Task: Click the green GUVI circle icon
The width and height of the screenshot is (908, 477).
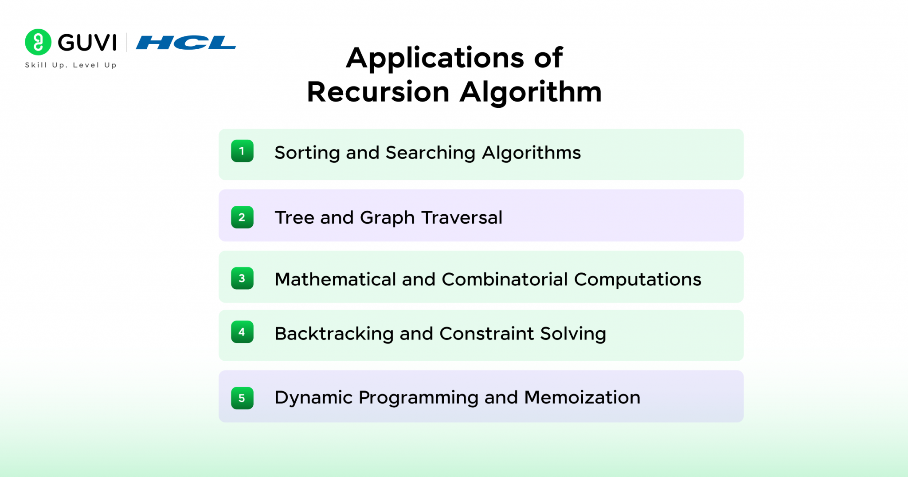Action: [x=38, y=42]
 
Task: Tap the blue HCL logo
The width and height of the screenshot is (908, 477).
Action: [x=186, y=43]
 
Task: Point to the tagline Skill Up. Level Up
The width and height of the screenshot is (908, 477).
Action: [x=70, y=65]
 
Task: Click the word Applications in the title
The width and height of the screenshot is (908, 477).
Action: [x=435, y=58]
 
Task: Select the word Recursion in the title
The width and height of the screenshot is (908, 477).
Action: [x=378, y=92]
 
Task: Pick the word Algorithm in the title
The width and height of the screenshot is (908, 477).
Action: [x=531, y=92]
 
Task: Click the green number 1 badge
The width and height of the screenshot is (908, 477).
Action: [x=242, y=151]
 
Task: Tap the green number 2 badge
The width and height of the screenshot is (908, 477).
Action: [x=242, y=217]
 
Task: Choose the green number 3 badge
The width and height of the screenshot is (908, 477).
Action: [x=242, y=278]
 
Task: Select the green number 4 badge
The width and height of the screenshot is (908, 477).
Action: [x=242, y=332]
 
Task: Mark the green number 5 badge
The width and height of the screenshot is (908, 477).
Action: [x=242, y=398]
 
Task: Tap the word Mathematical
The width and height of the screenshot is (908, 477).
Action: [x=335, y=280]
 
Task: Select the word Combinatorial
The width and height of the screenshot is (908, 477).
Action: [x=505, y=280]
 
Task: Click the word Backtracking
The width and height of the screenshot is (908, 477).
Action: [x=334, y=334]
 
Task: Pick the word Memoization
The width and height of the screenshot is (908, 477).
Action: [x=582, y=398]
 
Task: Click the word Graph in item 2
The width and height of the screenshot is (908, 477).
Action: [x=387, y=218]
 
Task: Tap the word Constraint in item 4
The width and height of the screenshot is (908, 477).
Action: [x=487, y=334]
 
